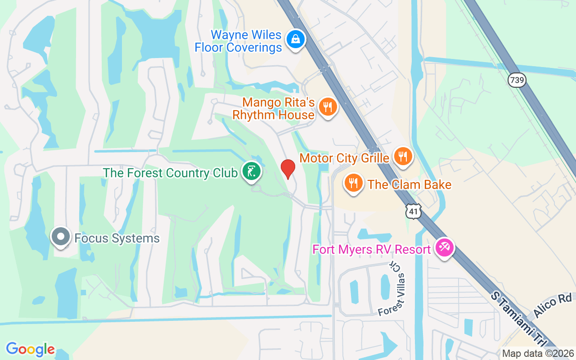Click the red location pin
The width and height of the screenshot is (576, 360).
pos(288,169)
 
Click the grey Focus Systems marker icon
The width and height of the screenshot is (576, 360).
pos(61,237)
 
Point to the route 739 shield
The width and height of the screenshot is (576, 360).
pos(517,80)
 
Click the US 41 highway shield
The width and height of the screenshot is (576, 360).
pos(413,211)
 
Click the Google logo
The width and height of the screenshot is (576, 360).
pos(30,349)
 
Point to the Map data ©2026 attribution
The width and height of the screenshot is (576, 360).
pos(538,353)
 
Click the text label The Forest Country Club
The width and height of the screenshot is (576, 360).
pos(170,173)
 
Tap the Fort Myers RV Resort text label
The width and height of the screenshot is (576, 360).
pos(372,249)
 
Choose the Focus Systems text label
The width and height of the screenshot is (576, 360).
pos(117,238)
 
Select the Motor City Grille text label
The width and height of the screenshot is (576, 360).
pos(344,158)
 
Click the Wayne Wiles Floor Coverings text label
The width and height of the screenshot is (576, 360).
pos(238,41)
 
